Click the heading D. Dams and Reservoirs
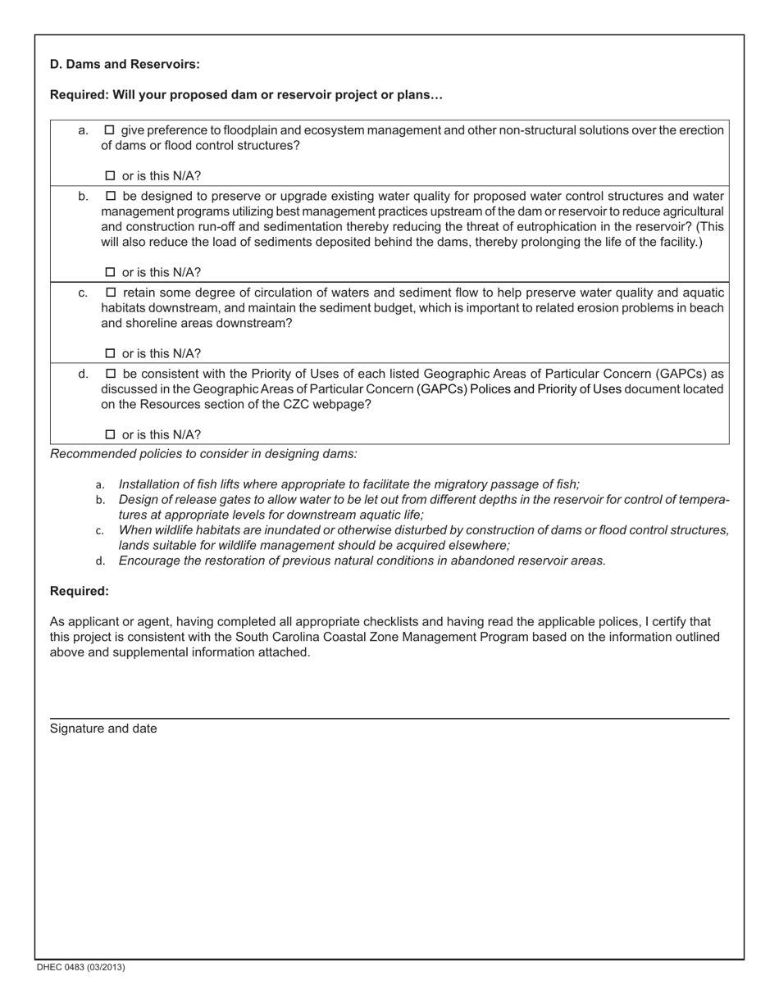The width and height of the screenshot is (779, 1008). (125, 64)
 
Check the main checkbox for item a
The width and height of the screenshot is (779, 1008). (111, 130)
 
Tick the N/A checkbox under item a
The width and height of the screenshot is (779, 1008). (111, 176)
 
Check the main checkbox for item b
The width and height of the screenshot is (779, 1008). (111, 197)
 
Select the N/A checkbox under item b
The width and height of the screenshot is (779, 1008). (111, 273)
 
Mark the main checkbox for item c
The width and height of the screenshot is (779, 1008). (111, 293)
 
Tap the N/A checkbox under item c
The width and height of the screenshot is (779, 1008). (111, 354)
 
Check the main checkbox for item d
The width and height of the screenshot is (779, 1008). (111, 374)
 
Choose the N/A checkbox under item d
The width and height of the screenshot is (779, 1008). (111, 435)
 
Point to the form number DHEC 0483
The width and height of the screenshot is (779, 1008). (80, 967)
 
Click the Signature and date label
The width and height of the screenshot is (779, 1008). (103, 729)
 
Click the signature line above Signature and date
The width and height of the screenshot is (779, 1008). (389, 719)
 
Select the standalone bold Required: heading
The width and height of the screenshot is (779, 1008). (80, 591)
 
